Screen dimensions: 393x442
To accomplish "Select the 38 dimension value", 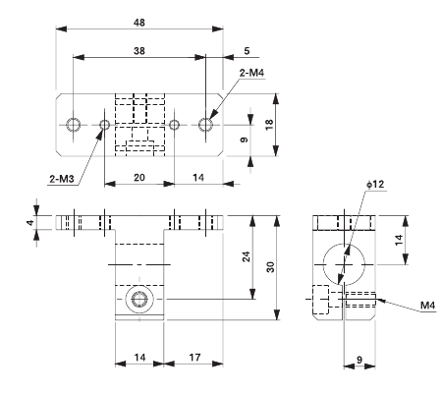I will click(x=138, y=50).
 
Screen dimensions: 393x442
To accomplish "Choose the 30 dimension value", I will click(x=283, y=266).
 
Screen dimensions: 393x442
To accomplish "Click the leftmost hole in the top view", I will click(x=73, y=125).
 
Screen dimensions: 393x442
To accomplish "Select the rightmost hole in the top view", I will click(x=205, y=125).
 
